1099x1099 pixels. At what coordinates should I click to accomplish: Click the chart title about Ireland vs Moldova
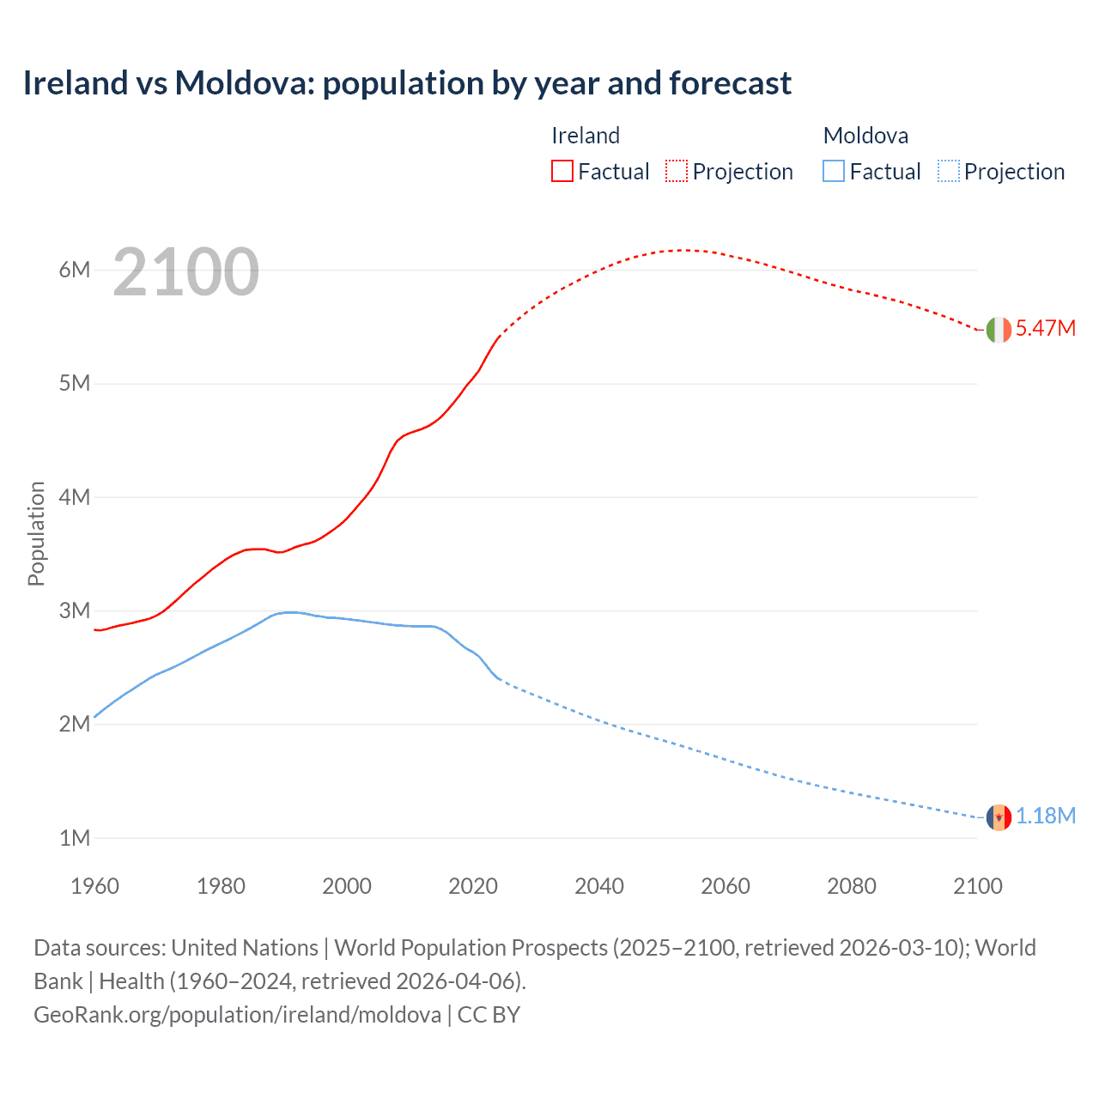tap(407, 83)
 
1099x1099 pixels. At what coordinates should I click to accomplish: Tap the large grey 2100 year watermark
tap(185, 272)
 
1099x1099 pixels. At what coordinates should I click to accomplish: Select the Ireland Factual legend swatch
tap(562, 171)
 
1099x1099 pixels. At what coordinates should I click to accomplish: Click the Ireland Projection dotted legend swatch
tap(677, 171)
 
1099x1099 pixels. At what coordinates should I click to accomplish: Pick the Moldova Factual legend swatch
tap(833, 171)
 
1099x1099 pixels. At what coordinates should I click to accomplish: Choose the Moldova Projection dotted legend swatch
tap(948, 171)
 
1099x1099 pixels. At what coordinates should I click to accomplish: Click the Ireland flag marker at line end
tap(999, 330)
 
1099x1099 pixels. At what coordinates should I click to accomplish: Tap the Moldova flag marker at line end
tap(999, 817)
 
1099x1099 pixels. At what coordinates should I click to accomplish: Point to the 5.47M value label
tap(1045, 329)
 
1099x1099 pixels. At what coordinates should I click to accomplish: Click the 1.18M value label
tap(1045, 817)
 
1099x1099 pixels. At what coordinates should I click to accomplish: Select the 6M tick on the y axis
tap(75, 270)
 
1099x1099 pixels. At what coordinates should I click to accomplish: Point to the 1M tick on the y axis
tap(75, 838)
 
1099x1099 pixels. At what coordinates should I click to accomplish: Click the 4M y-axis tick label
tap(75, 497)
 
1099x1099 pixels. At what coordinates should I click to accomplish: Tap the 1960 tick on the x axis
tap(94, 886)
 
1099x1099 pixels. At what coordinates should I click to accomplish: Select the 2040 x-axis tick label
tap(599, 886)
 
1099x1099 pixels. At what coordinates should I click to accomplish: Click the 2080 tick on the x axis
tap(852, 886)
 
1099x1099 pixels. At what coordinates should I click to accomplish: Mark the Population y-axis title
tap(36, 533)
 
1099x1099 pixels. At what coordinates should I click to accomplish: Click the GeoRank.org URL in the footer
tap(237, 1015)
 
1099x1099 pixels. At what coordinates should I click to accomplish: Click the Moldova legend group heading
tap(865, 136)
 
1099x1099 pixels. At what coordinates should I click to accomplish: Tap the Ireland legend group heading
tap(586, 136)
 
